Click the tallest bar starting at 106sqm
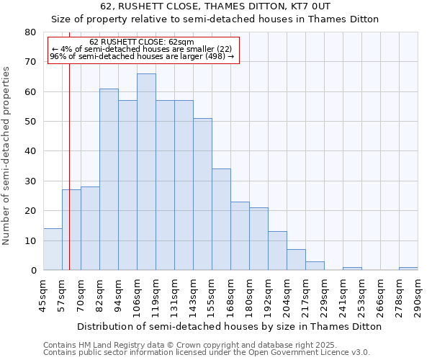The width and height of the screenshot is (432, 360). pyautogui.click(x=146, y=172)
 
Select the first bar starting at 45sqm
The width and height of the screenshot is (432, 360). pyautogui.click(x=53, y=249)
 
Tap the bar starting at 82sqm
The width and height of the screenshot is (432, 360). pyautogui.click(x=109, y=179)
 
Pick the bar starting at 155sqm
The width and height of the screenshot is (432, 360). pyautogui.click(x=221, y=220)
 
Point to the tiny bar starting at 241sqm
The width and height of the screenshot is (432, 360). pyautogui.click(x=352, y=269)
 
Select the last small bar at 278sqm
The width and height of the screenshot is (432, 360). pyautogui.click(x=408, y=269)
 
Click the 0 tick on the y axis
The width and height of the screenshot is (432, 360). pyautogui.click(x=32, y=271)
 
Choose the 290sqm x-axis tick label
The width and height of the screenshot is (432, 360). pyautogui.click(x=418, y=294)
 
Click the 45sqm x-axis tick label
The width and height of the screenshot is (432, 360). pyautogui.click(x=43, y=294)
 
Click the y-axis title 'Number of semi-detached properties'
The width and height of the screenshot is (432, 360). pyautogui.click(x=7, y=156)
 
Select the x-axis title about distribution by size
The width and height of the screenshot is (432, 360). pyautogui.click(x=229, y=326)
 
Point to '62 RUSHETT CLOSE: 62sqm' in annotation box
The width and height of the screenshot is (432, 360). pyautogui.click(x=142, y=42)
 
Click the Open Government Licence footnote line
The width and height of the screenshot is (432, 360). pyautogui.click(x=207, y=353)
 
